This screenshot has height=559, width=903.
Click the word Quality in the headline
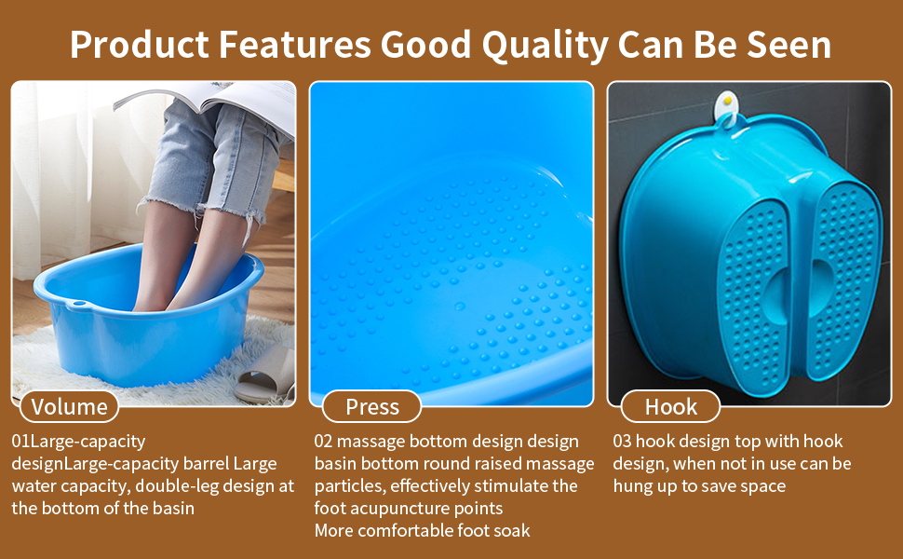click(545, 46)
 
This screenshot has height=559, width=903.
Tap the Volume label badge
click(69, 407)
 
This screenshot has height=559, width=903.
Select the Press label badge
click(372, 407)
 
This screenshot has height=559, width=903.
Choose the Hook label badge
click(671, 407)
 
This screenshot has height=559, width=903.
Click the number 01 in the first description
click(20, 442)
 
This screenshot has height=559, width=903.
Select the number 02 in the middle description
click(324, 442)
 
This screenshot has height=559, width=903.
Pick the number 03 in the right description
click(622, 442)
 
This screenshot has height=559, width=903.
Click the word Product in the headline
click(140, 46)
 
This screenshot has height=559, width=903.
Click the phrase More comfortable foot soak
click(422, 531)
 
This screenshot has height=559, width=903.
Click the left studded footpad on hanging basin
click(753, 298)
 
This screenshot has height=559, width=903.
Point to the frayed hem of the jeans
click(202, 210)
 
